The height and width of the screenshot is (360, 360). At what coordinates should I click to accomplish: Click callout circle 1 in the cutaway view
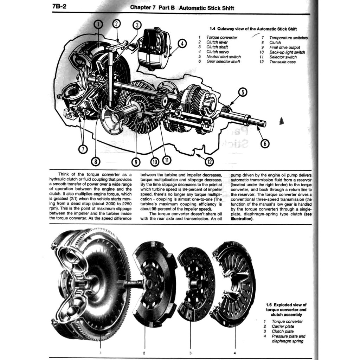tap(99, 24)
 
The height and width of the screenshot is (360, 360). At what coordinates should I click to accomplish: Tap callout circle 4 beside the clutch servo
tap(182, 44)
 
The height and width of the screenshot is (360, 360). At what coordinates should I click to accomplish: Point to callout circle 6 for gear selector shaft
tap(265, 143)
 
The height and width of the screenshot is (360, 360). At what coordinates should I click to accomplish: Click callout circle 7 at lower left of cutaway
tap(83, 149)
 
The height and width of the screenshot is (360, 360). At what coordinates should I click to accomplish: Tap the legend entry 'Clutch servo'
tap(217, 52)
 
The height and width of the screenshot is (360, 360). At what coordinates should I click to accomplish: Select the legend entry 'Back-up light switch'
tap(287, 52)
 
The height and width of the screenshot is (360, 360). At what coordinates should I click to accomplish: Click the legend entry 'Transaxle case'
tap(282, 62)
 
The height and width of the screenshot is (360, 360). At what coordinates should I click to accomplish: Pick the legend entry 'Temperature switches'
tap(288, 38)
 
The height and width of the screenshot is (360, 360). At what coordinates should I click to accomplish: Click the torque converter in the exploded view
tap(91, 285)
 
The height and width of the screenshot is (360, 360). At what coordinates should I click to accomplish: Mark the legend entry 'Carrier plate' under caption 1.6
tap(283, 327)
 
